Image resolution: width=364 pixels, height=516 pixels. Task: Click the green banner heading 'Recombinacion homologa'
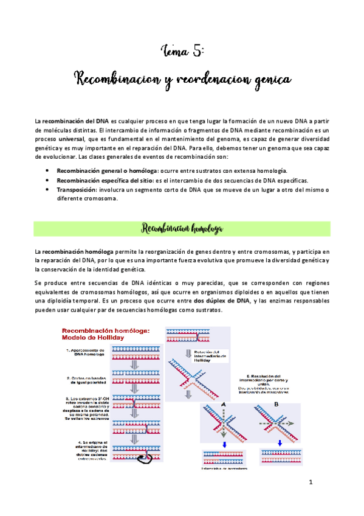[x=182, y=229]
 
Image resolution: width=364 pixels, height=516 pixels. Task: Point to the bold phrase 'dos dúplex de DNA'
[x=222, y=301]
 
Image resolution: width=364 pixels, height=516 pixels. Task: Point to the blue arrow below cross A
[x=224, y=442]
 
